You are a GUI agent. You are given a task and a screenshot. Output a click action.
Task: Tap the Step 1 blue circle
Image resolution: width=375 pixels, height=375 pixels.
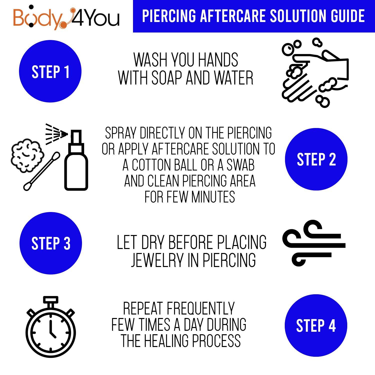point(50,71)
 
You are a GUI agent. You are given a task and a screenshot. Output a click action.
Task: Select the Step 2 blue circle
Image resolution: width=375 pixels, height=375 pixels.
point(316,159)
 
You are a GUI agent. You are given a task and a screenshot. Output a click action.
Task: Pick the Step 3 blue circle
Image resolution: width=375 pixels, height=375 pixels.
point(51,243)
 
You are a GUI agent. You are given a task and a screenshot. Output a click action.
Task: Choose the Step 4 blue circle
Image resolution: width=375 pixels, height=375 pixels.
point(316,325)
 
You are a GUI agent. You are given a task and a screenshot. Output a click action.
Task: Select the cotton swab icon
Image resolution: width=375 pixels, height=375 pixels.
point(42,171)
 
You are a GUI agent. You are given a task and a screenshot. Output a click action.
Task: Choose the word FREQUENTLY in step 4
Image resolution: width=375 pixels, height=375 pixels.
point(201,308)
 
